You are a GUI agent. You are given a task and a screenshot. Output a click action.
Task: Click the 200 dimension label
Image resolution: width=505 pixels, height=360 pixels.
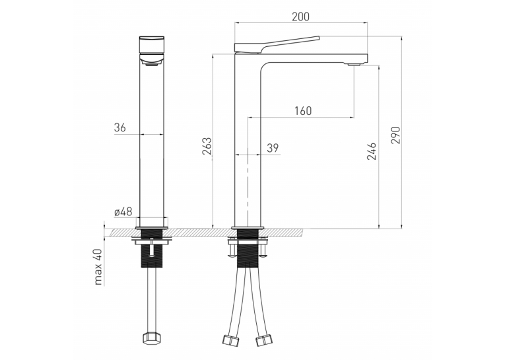tap(300, 17)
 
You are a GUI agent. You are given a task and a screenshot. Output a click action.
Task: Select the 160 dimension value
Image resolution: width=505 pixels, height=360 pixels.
tap(303, 111)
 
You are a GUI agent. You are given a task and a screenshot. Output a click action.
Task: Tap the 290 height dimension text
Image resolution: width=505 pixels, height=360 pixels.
tap(396, 135)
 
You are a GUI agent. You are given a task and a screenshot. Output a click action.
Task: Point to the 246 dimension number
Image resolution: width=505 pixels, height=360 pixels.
tap(372, 151)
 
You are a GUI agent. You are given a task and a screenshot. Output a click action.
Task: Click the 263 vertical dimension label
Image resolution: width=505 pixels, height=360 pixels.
tap(207, 146)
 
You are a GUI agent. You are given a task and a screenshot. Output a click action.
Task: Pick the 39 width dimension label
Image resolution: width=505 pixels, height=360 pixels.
tap(273, 148)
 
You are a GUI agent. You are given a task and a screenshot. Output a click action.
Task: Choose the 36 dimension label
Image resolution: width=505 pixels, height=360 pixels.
tap(119, 127)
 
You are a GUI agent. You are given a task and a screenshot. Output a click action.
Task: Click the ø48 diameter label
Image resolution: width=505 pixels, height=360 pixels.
tap(123, 212)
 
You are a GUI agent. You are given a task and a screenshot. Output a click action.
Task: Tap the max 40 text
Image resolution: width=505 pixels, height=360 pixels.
tap(98, 267)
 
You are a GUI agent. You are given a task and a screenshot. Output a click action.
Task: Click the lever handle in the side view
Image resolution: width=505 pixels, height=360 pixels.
tap(277, 44)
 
